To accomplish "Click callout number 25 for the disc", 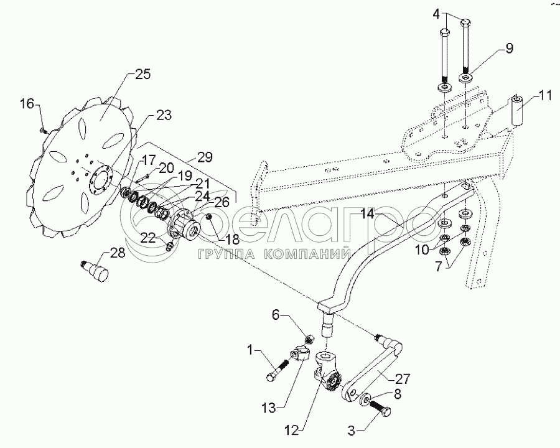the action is click(x=142, y=75).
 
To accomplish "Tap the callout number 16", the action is click(x=27, y=104).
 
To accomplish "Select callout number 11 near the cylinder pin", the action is click(x=544, y=96).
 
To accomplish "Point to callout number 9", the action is click(x=509, y=48).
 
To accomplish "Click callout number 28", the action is click(x=118, y=253).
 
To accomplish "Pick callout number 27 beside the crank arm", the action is click(x=403, y=379).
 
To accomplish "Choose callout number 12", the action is click(x=292, y=431).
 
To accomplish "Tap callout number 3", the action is click(x=352, y=431).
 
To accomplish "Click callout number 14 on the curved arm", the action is click(x=367, y=214).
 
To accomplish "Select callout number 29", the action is click(x=205, y=157).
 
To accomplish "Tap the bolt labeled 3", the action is click(x=381, y=408).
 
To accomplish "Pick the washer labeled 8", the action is click(x=365, y=399).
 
